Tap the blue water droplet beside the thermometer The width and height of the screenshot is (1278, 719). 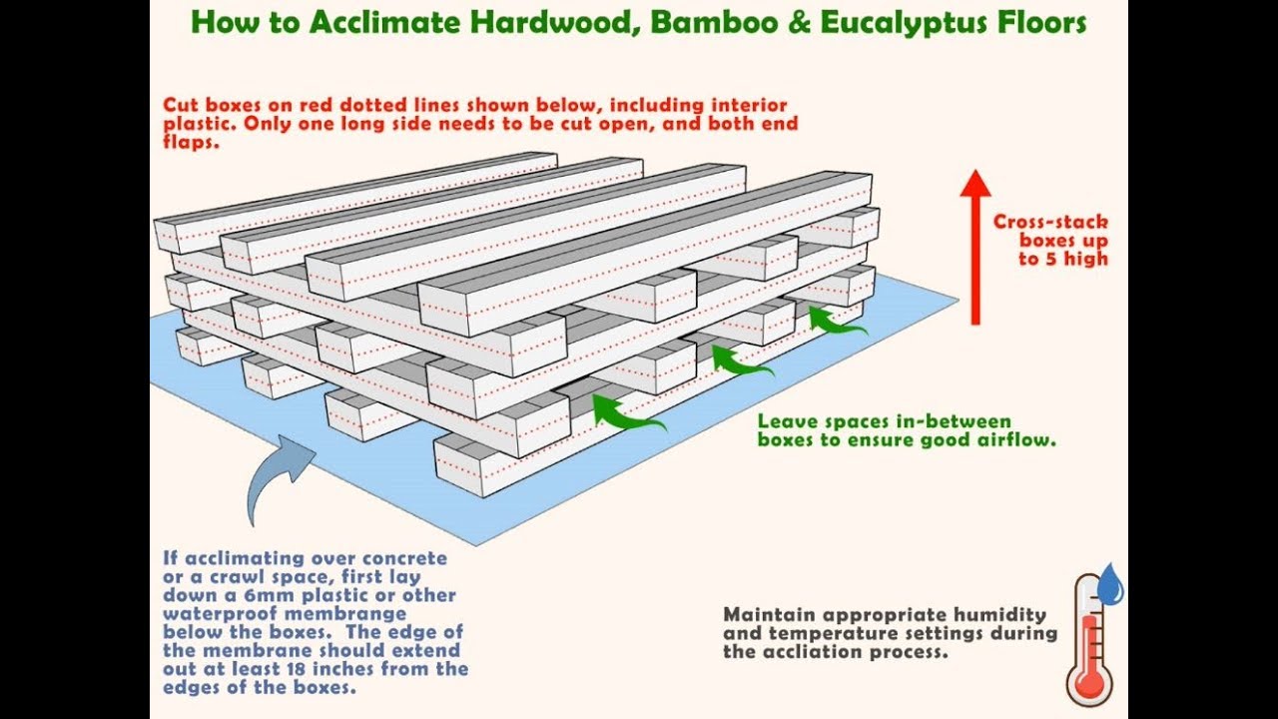pyautogui.click(x=1112, y=584)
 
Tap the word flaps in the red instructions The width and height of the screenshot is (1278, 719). pyautogui.click(x=191, y=142)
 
